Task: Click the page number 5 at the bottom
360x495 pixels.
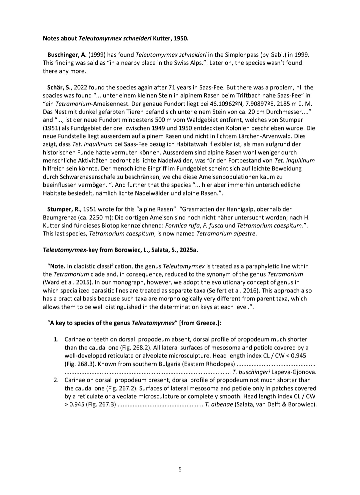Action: pos(180,470)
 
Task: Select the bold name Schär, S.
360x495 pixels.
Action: pos(59,87)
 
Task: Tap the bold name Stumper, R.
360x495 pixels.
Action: pos(63,209)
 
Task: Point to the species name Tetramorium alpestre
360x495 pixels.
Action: pos(226,233)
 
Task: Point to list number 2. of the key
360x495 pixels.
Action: pos(56,380)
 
